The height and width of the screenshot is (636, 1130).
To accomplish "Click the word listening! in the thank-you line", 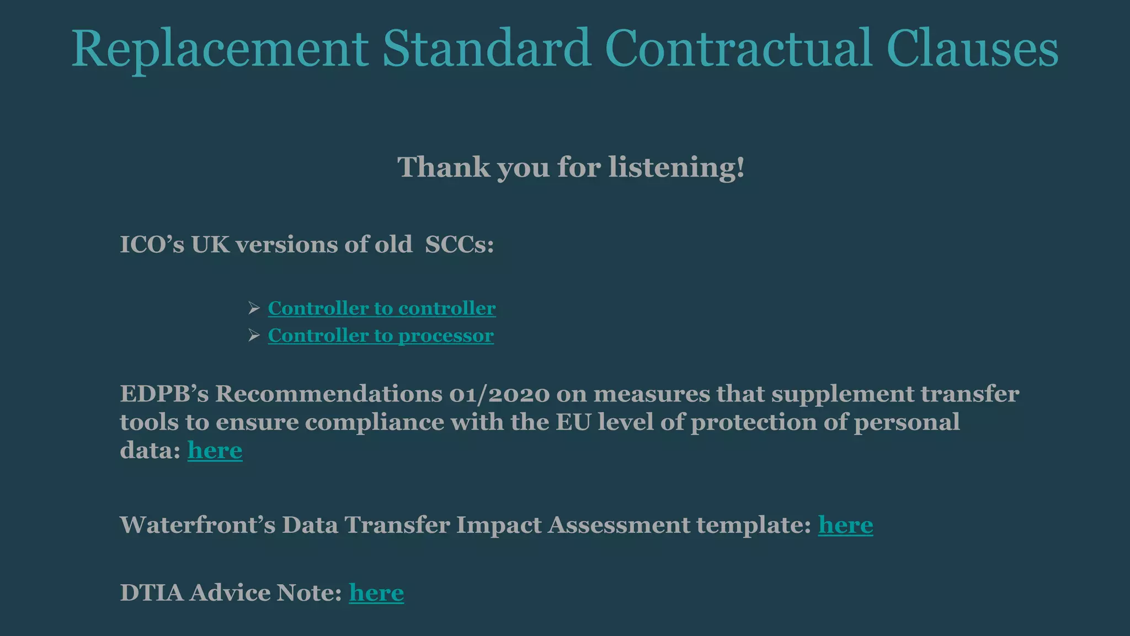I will [676, 167].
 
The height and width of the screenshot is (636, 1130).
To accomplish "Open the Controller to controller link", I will [382, 308].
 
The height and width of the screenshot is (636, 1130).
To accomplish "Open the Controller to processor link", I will [381, 336].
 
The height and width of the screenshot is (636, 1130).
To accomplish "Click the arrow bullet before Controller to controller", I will [254, 308].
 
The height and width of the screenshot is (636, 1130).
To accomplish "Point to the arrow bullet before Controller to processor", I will [254, 336].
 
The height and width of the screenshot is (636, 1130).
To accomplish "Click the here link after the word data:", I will [215, 451].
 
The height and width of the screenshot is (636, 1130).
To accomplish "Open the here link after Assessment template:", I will [845, 525].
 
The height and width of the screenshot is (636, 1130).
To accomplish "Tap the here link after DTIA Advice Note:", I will [376, 593].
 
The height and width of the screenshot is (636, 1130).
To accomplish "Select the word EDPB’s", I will [164, 394].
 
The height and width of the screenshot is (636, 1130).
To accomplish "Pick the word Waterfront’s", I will [198, 525].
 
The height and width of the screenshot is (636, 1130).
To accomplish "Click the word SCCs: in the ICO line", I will [459, 245].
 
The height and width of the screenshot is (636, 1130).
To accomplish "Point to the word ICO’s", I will [152, 245].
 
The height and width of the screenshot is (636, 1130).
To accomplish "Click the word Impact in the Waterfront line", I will [499, 525].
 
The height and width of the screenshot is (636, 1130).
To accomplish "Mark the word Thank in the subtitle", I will [444, 167].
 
